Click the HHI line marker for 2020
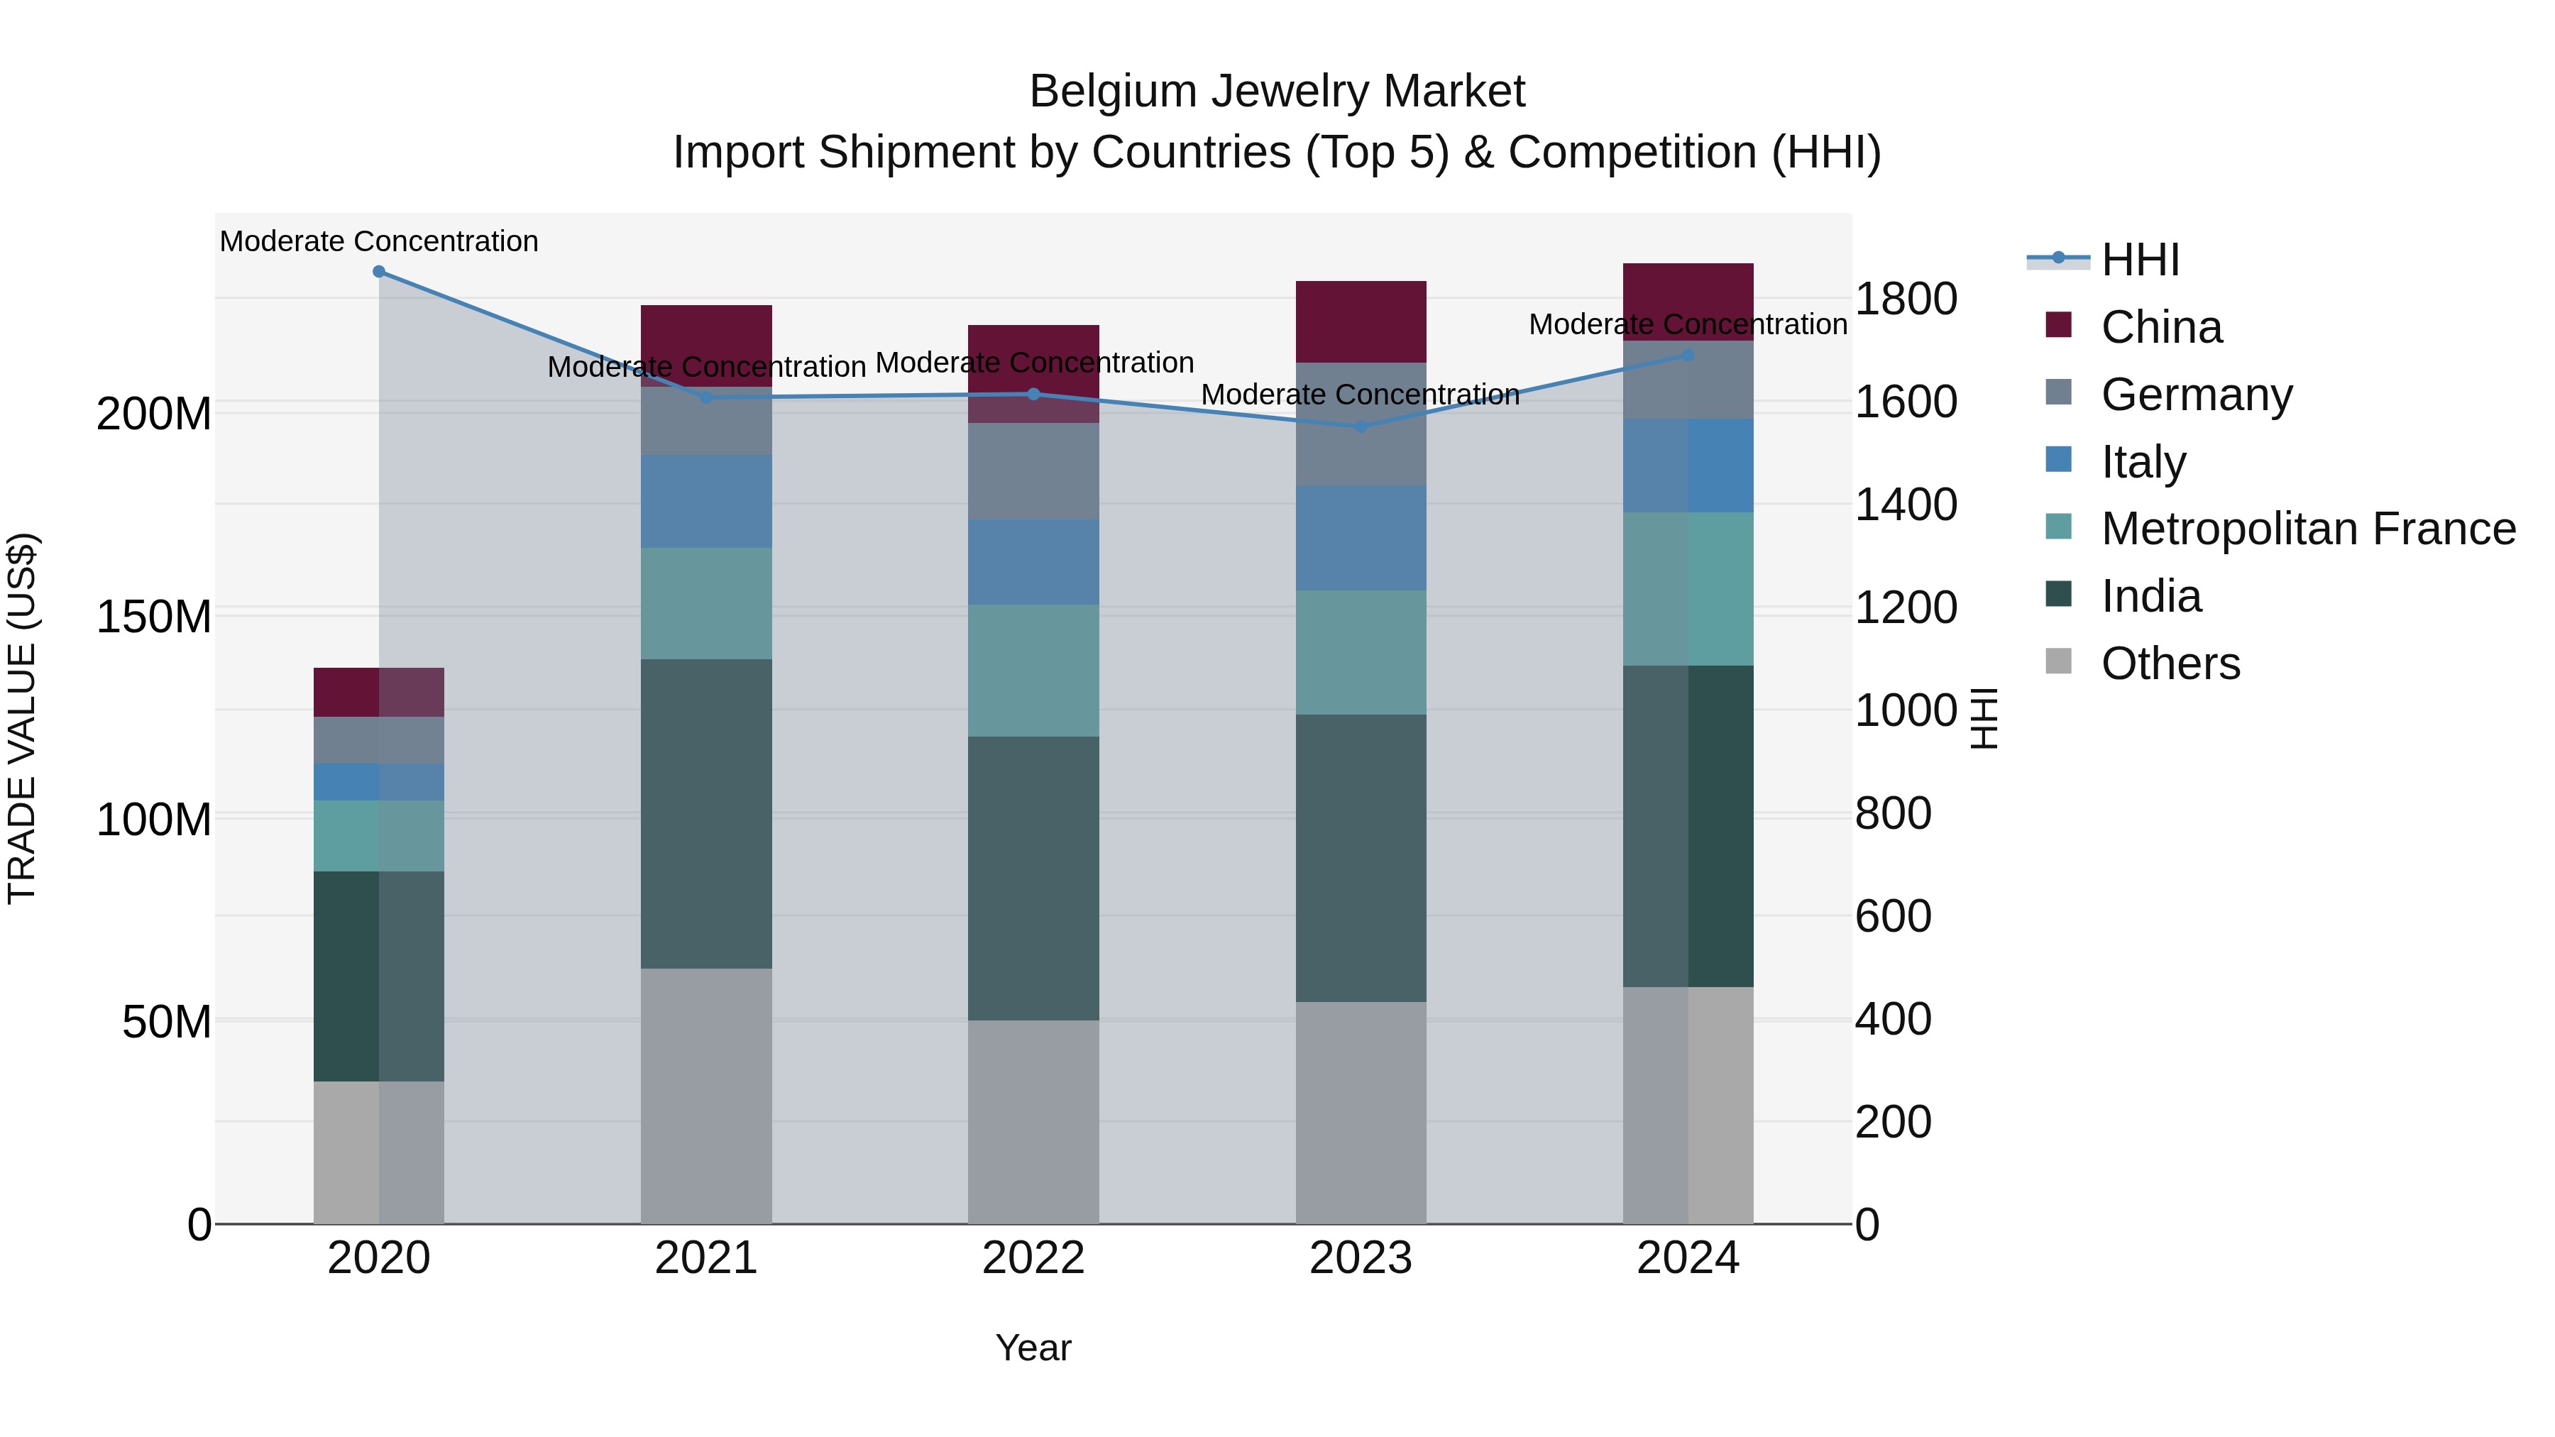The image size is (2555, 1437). click(x=379, y=272)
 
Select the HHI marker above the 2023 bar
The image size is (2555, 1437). click(x=1361, y=427)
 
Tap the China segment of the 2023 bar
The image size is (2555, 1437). click(x=1361, y=321)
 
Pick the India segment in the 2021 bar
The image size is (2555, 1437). click(x=706, y=813)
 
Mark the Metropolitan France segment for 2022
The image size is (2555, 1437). click(x=1033, y=671)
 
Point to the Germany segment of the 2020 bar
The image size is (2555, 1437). click(x=379, y=740)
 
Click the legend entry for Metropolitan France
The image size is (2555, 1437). click(x=2308, y=529)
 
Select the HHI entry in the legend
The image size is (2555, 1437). click(x=2141, y=260)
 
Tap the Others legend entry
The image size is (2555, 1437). click(x=2170, y=664)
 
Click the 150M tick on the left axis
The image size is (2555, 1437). click(x=154, y=617)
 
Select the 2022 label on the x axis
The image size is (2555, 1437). click(x=1033, y=1258)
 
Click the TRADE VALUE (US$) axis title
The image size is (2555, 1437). click(x=22, y=718)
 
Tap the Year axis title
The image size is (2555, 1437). click(x=1033, y=1348)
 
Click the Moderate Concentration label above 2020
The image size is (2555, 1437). click(x=379, y=241)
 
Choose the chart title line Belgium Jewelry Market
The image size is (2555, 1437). click(x=1277, y=92)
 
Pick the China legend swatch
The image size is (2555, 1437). click(x=2059, y=325)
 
